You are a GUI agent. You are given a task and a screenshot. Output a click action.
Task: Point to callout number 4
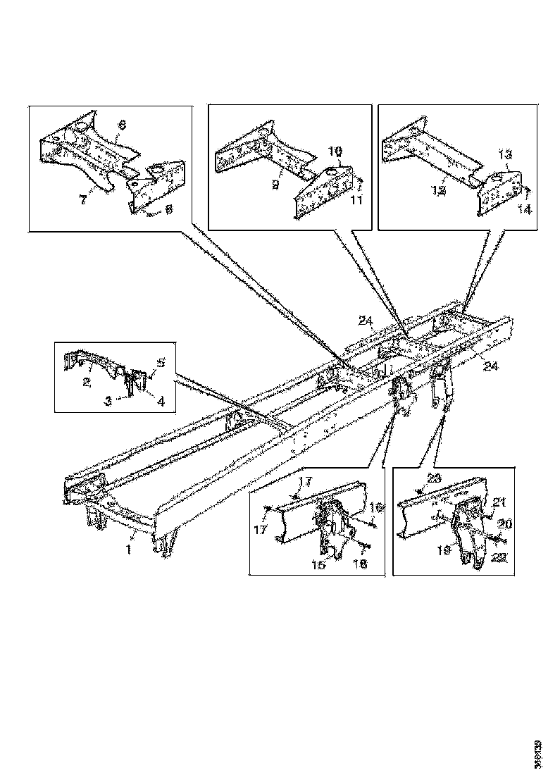tap(161, 402)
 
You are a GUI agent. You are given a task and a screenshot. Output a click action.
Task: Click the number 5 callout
tap(161, 364)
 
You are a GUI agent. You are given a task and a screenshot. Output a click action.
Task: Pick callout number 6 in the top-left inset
tap(122, 124)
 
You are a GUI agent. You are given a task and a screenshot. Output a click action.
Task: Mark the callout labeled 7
tap(83, 199)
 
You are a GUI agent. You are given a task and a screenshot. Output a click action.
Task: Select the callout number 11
tap(357, 201)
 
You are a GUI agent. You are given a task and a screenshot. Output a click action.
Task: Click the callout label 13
tap(505, 154)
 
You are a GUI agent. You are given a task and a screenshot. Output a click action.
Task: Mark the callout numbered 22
tap(499, 559)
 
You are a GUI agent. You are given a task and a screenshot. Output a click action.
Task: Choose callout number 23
tap(432, 478)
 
